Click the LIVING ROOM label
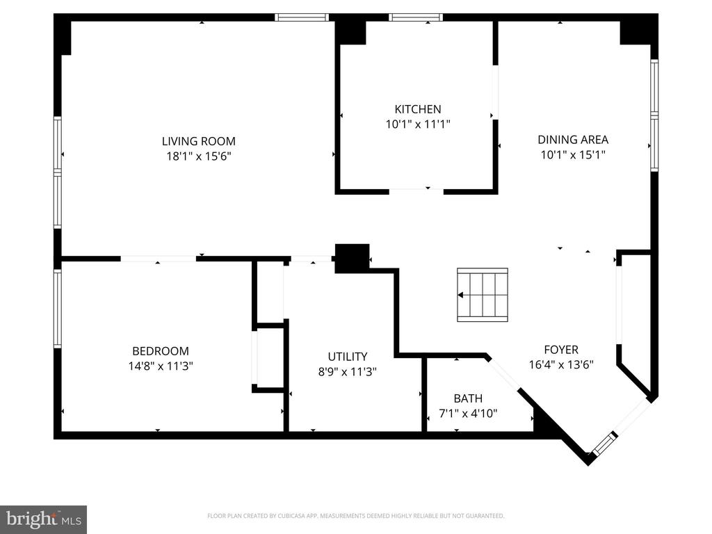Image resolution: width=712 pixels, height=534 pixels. (x=198, y=141)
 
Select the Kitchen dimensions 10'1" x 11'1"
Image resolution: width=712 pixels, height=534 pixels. (x=417, y=124)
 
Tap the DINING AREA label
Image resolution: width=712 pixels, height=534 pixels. (x=573, y=140)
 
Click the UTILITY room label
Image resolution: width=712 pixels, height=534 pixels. (x=348, y=357)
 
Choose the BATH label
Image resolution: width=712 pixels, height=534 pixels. (x=468, y=398)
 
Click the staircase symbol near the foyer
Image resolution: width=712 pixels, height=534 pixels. (x=482, y=295)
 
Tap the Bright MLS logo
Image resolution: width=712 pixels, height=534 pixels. (x=43, y=519)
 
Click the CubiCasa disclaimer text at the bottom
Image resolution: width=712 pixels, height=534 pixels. (x=355, y=516)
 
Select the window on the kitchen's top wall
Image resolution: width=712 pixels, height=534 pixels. (x=415, y=17)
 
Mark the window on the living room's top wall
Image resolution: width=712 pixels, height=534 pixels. (x=302, y=17)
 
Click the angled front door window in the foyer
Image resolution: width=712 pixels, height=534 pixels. (x=604, y=444)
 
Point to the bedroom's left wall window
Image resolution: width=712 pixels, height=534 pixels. (x=58, y=308)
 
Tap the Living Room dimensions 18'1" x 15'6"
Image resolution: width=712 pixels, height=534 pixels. (x=198, y=156)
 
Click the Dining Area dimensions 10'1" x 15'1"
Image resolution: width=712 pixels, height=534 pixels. (x=573, y=155)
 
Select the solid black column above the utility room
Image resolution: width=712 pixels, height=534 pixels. (x=352, y=257)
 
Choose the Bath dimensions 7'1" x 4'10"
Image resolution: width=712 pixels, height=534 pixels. (x=468, y=413)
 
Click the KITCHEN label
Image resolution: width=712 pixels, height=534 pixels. (x=417, y=109)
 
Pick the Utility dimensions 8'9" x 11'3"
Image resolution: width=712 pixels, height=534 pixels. (x=348, y=371)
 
